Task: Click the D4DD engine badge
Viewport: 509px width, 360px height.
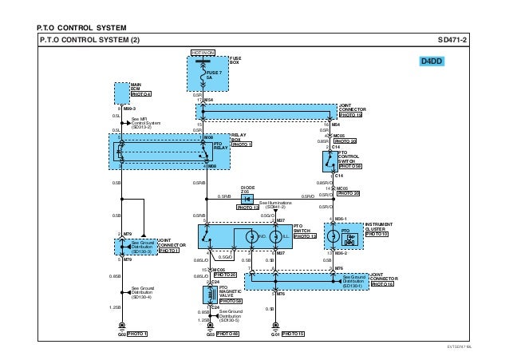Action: click(x=433, y=61)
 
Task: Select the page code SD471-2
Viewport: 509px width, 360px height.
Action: click(x=453, y=40)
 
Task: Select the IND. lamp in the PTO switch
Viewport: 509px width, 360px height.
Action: click(x=250, y=237)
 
